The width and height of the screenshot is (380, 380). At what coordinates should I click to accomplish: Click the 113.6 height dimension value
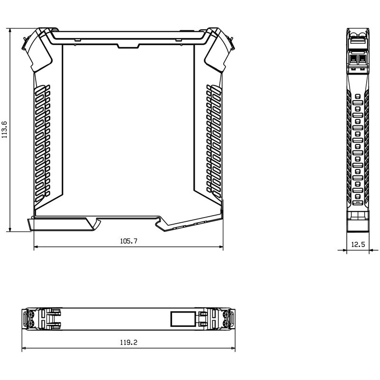(x=5, y=130)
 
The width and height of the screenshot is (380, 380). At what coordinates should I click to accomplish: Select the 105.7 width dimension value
(x=128, y=241)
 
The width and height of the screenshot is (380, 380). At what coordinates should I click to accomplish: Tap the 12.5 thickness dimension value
(x=358, y=245)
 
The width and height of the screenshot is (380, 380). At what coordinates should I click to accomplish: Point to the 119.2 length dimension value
(x=128, y=342)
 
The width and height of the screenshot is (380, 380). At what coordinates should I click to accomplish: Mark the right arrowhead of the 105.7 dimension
(x=221, y=247)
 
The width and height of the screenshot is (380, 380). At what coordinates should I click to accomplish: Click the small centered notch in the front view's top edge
(x=127, y=46)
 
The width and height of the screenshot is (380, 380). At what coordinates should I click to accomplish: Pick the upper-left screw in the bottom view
(x=31, y=313)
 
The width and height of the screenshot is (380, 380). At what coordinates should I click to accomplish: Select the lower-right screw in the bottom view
(x=227, y=323)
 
